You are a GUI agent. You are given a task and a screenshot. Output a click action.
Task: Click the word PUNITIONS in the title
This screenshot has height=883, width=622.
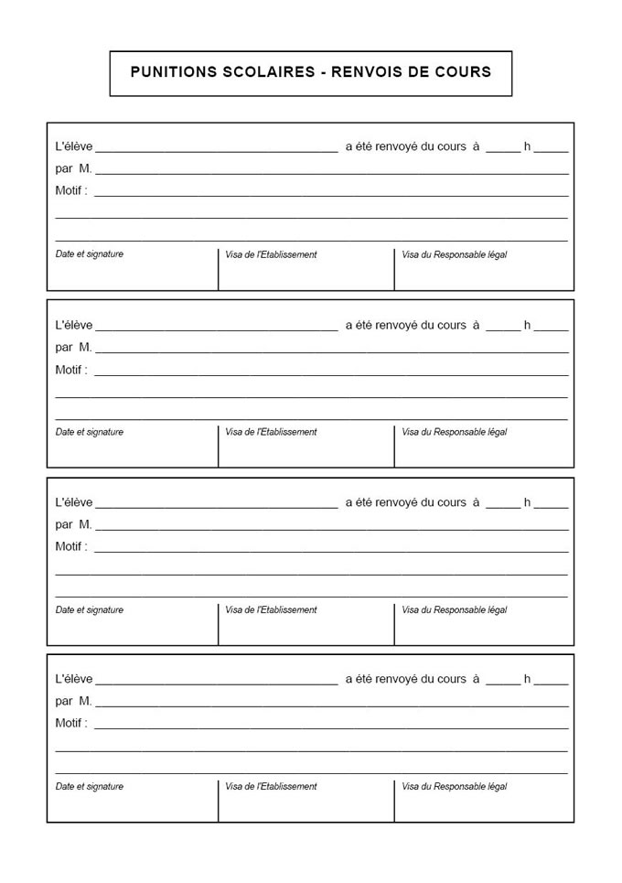[x=173, y=72]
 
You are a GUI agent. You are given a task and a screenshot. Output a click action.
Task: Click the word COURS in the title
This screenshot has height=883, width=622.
[x=462, y=72]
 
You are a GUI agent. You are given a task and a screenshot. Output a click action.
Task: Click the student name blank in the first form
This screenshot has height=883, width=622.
[x=217, y=147]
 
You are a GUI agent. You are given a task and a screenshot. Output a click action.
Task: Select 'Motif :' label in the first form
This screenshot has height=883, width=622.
[x=71, y=190]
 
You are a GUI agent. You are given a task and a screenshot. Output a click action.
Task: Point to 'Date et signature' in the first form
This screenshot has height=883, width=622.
[x=90, y=254]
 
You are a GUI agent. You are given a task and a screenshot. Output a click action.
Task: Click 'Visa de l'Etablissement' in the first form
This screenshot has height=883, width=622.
[x=271, y=254]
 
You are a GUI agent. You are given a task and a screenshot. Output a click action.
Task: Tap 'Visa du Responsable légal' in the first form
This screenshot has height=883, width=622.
[x=454, y=254]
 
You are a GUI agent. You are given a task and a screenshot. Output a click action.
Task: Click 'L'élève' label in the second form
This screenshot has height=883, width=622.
[x=74, y=324]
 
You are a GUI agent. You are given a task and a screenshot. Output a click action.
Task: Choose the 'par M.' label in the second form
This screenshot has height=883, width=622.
[x=74, y=347]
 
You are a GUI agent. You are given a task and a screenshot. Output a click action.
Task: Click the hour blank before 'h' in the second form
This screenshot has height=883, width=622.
[x=502, y=326]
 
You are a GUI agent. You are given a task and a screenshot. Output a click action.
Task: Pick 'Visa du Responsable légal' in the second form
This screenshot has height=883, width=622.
[x=454, y=432]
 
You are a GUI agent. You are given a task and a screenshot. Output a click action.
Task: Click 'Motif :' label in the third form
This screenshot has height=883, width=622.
[x=71, y=547]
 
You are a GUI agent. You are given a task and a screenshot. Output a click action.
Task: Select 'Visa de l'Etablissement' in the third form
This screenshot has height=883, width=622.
[x=271, y=609]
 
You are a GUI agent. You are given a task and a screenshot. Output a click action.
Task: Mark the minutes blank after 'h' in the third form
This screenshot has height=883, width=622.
[x=552, y=504]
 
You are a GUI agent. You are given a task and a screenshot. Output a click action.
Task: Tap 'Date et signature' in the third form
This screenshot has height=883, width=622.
[x=90, y=609]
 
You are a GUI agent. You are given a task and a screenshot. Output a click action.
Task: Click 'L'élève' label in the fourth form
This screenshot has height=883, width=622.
[x=74, y=679]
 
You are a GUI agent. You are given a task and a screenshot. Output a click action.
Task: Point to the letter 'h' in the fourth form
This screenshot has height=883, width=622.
[x=528, y=679]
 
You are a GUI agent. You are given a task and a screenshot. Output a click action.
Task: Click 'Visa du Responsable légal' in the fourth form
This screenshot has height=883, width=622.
[x=454, y=786]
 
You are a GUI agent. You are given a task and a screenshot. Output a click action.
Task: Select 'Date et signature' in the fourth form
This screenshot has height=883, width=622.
[x=90, y=786]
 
